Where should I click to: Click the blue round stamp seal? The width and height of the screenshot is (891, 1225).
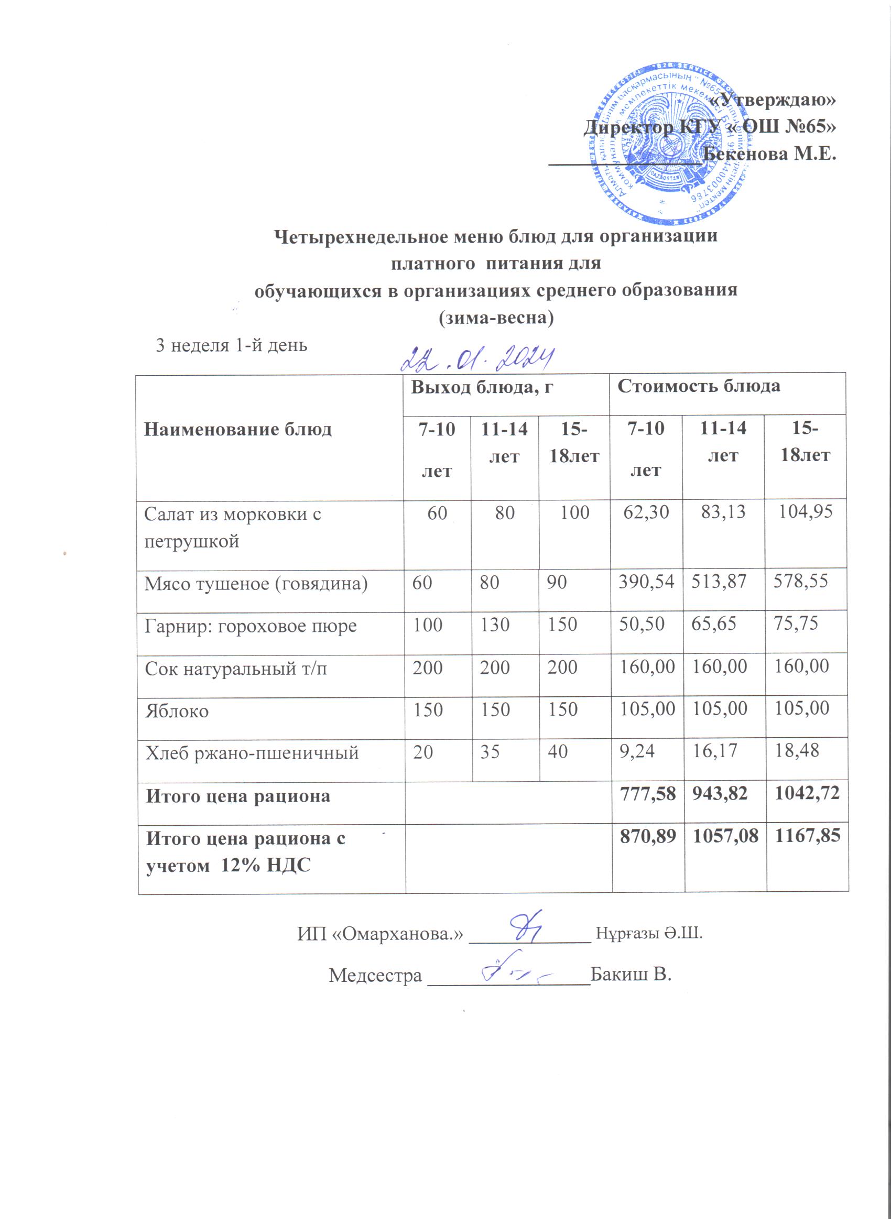(x=670, y=146)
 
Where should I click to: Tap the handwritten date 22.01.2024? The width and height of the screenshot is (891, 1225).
(x=479, y=358)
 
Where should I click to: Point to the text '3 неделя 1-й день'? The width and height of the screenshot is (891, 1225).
(x=231, y=345)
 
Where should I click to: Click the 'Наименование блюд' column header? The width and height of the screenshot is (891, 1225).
(x=238, y=430)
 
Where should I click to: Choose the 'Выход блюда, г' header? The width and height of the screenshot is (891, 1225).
(x=483, y=387)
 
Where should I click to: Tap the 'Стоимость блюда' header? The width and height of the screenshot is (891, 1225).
(x=699, y=386)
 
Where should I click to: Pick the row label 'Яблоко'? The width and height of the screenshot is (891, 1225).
(x=177, y=711)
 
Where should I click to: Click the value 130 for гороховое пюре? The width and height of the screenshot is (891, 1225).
(x=495, y=626)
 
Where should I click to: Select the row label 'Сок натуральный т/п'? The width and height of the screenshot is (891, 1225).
(x=235, y=669)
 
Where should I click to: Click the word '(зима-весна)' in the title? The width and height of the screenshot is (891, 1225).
(x=495, y=318)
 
